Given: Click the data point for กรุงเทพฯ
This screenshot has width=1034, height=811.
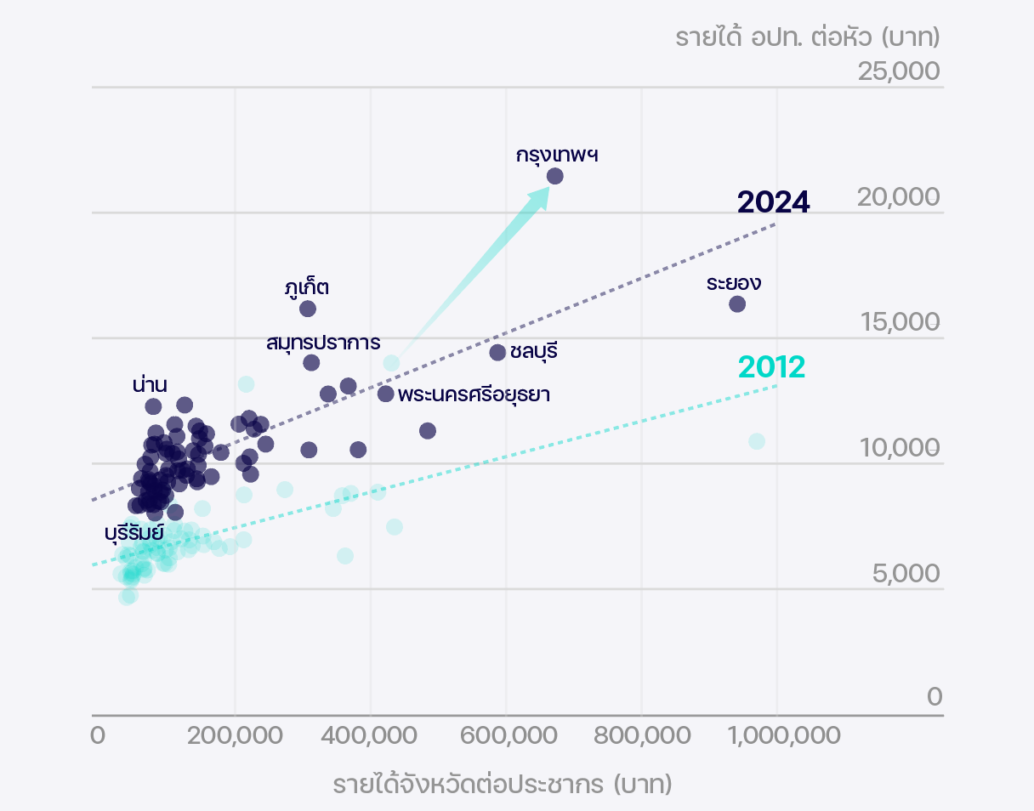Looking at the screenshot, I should pyautogui.click(x=555, y=176).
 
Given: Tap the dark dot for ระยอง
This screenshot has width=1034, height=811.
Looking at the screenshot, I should pyautogui.click(x=737, y=303).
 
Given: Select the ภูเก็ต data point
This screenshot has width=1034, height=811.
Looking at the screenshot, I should pyautogui.click(x=308, y=309).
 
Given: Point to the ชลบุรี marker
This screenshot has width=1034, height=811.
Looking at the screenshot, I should pyautogui.click(x=498, y=352).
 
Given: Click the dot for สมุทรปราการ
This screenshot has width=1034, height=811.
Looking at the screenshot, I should pyautogui.click(x=311, y=363).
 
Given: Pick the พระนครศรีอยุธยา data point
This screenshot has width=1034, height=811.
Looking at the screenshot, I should pyautogui.click(x=386, y=394).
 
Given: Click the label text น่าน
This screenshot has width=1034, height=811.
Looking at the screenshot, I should pyautogui.click(x=150, y=384).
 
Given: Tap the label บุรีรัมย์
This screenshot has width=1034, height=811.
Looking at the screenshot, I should pyautogui.click(x=134, y=534).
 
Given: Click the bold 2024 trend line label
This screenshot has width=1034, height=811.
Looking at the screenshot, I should pyautogui.click(x=773, y=202).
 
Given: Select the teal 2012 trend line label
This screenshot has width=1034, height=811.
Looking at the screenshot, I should pyautogui.click(x=771, y=367).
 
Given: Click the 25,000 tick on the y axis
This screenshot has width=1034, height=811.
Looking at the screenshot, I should pyautogui.click(x=899, y=72).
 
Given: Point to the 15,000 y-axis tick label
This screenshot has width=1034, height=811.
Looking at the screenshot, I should pyautogui.click(x=899, y=322).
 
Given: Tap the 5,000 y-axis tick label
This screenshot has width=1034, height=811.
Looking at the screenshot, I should pyautogui.click(x=906, y=574).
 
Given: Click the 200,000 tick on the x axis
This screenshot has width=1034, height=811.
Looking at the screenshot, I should pyautogui.click(x=236, y=734).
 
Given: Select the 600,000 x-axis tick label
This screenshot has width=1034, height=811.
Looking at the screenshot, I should pyautogui.click(x=506, y=734).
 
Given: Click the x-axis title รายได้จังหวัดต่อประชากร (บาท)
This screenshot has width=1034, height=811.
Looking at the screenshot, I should pyautogui.click(x=503, y=784).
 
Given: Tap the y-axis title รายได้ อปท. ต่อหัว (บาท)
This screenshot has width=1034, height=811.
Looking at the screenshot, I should pyautogui.click(x=807, y=37).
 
